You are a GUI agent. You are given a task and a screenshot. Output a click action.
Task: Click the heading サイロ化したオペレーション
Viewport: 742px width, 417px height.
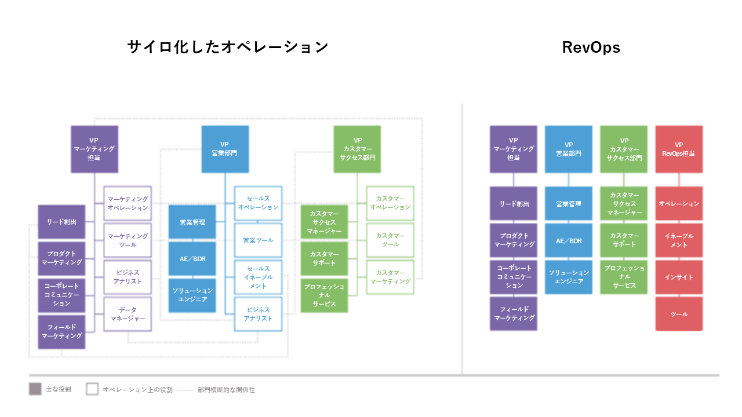point(228,47)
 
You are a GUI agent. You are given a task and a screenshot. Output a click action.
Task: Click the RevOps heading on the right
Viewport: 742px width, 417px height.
point(591,47)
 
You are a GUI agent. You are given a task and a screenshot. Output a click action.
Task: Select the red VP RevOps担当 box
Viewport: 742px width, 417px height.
point(679,149)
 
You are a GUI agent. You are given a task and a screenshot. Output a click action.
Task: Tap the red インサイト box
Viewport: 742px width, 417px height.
point(679,277)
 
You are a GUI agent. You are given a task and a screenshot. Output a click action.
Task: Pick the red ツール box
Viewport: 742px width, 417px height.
point(679,314)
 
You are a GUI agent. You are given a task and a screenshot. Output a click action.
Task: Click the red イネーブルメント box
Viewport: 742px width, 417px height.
point(679,240)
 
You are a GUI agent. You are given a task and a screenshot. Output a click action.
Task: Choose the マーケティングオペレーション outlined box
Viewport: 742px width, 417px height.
point(128,203)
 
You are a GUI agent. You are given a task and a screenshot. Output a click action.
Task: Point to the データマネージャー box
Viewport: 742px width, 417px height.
point(128,314)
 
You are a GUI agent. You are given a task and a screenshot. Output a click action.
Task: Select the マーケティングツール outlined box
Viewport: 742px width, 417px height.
point(128,240)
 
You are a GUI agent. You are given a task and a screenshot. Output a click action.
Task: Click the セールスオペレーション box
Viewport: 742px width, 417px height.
point(258,203)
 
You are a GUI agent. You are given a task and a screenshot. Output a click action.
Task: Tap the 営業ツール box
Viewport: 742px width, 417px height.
point(258,240)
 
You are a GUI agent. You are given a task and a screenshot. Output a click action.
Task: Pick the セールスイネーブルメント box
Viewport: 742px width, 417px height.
point(258,277)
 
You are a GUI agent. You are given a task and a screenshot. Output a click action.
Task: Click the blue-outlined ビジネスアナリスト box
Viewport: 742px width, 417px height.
point(258,314)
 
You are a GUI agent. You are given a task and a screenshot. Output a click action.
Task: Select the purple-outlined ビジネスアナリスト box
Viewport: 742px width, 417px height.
point(128,277)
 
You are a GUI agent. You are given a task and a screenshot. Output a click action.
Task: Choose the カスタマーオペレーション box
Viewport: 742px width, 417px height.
point(390,203)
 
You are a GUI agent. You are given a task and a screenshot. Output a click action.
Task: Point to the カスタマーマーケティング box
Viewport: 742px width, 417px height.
point(390,277)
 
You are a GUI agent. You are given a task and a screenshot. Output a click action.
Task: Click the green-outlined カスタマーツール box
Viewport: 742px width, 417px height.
point(390,240)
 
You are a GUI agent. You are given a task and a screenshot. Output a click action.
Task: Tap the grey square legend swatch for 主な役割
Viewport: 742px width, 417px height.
point(35,389)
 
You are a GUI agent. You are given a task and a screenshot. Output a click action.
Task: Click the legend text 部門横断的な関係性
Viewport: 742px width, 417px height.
point(226,390)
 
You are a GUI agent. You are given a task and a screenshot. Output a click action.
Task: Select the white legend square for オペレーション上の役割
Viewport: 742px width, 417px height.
point(92,389)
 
